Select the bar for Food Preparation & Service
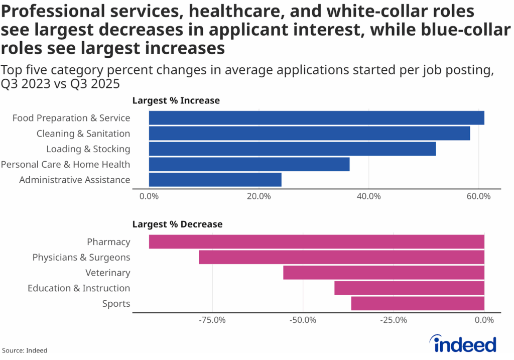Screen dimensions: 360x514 click(316, 118)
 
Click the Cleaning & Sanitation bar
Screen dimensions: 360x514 click(309, 134)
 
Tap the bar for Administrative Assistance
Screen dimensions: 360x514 click(215, 180)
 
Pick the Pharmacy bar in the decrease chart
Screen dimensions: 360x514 click(316, 242)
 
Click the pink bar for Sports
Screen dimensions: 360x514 click(417, 304)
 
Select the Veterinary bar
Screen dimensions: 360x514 click(383, 273)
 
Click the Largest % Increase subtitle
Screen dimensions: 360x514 click(176, 100)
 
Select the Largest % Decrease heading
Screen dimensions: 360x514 click(177, 224)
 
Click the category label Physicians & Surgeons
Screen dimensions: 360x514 click(81, 257)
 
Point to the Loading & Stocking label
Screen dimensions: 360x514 click(88, 149)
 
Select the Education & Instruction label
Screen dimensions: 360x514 click(79, 288)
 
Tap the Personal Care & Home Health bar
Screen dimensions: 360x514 click(249, 164)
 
